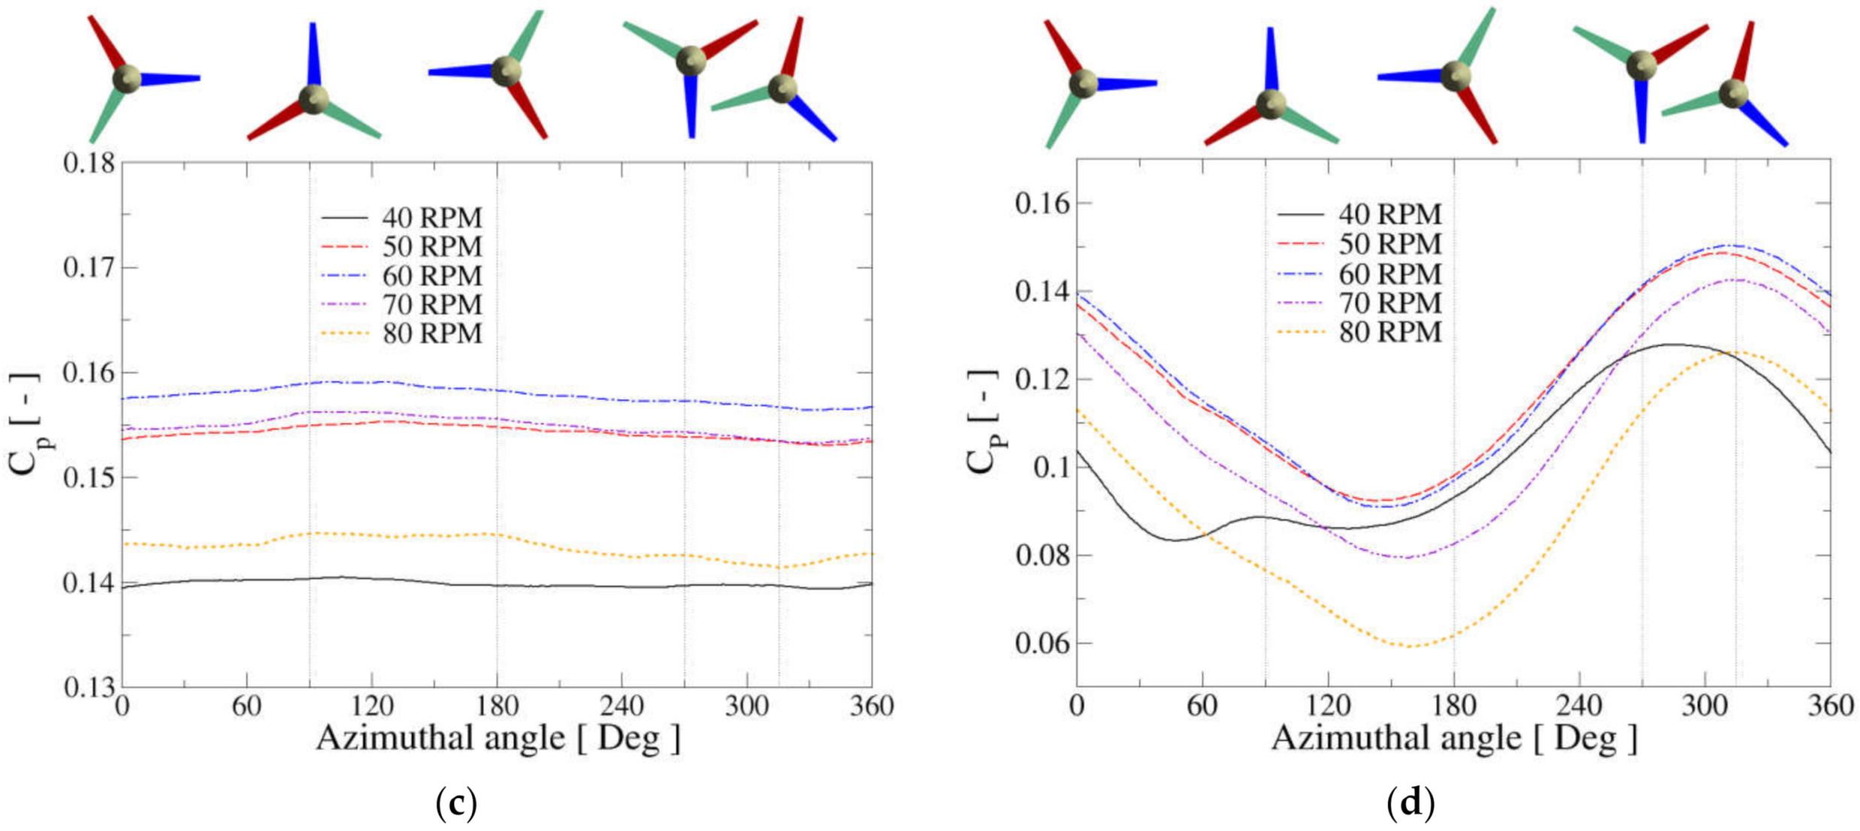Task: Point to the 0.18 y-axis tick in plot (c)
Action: coord(89,163)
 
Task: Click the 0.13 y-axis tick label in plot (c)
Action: coord(89,687)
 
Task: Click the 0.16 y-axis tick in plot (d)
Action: coord(1043,204)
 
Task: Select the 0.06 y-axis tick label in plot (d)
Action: coord(1043,644)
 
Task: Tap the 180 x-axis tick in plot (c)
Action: coord(497,706)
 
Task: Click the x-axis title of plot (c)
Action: coord(498,738)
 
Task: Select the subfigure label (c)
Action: coord(455,804)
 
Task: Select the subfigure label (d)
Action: coord(1410,804)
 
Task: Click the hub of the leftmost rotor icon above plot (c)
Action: coord(126,78)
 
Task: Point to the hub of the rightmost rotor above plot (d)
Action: coord(1733,94)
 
